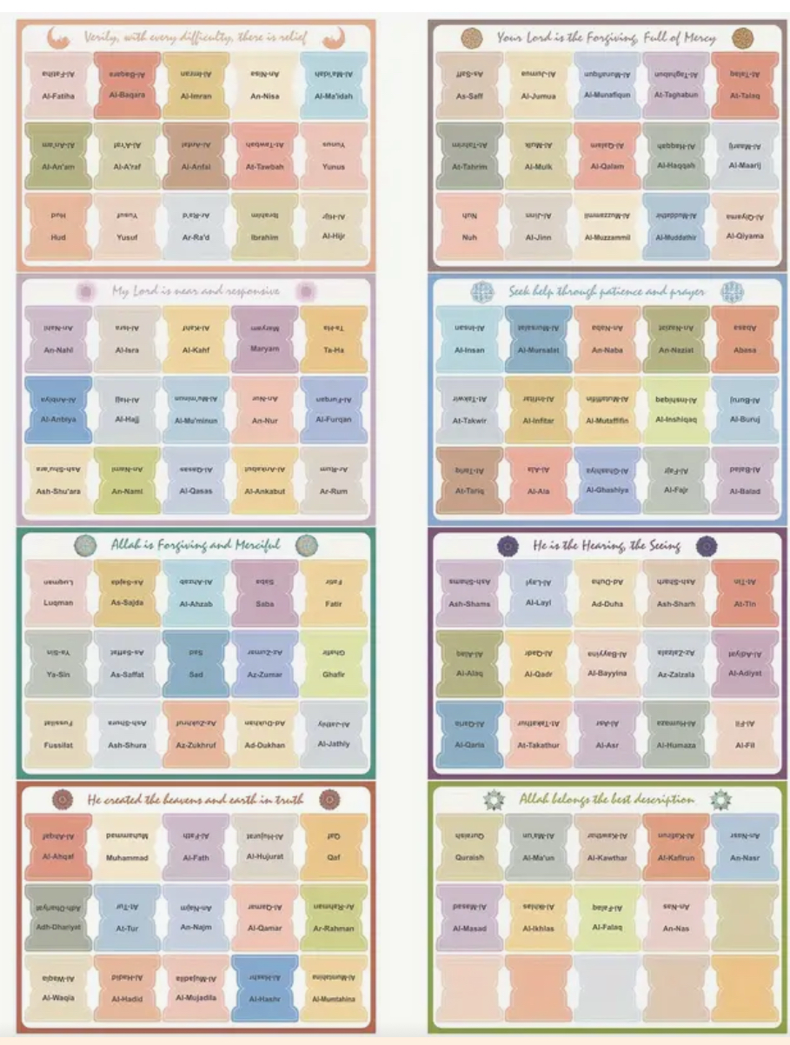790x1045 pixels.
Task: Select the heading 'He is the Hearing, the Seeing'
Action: click(606, 545)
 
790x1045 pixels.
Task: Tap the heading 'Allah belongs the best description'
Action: click(606, 799)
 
